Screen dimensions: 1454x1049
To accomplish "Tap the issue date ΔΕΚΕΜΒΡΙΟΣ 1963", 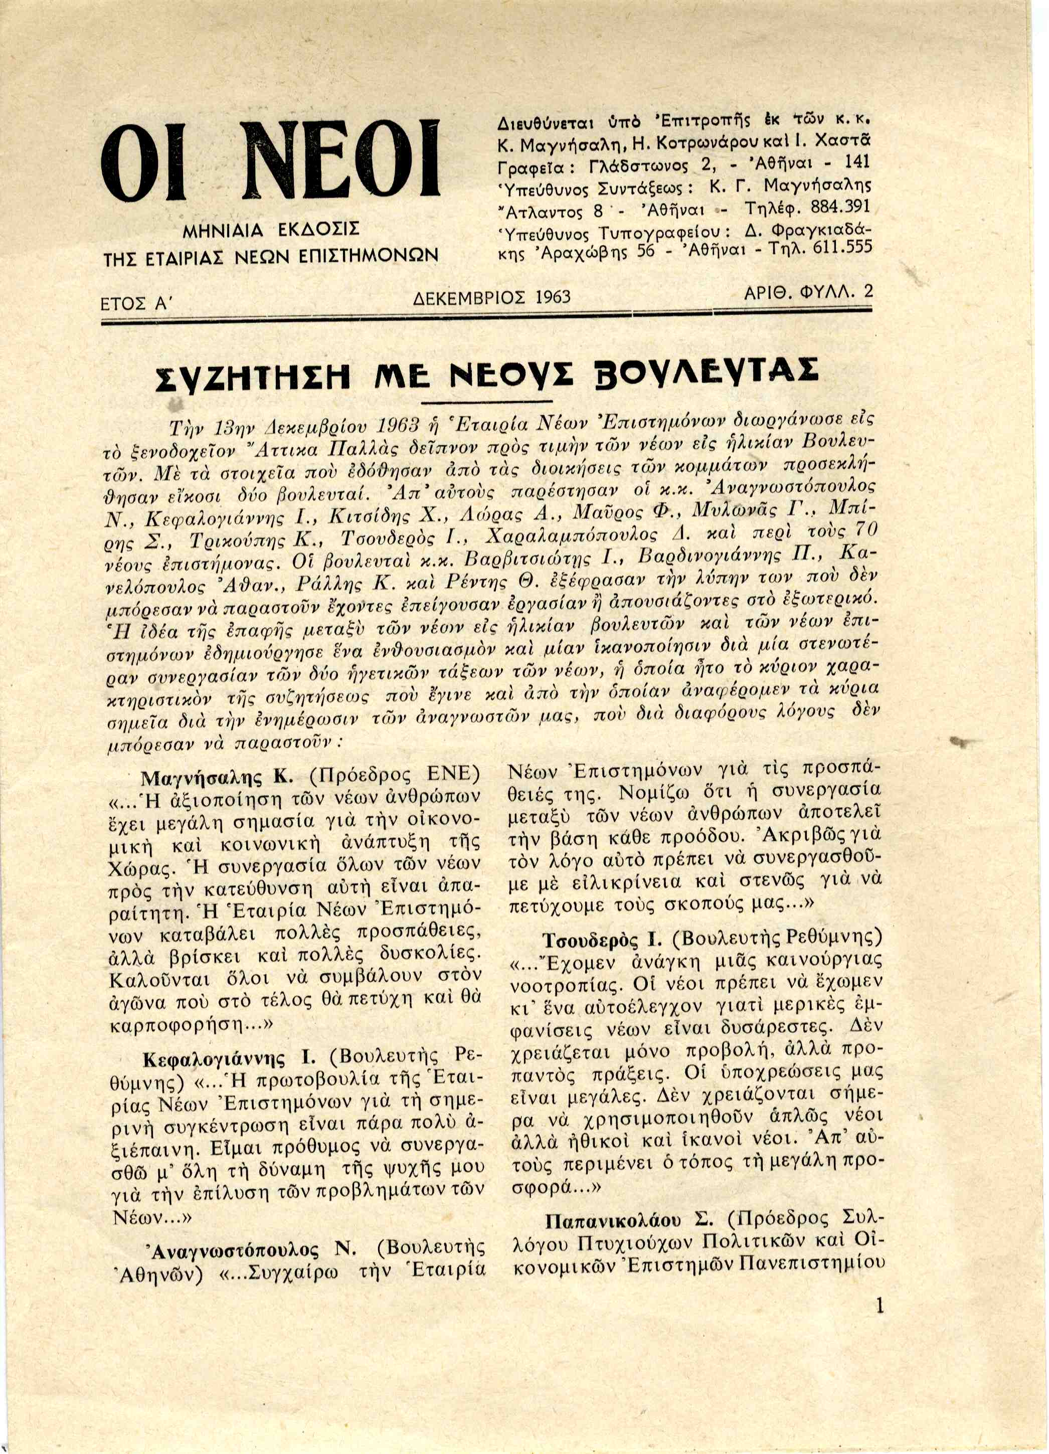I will click(492, 297).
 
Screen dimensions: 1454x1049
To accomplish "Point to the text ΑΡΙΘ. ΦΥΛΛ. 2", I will click(808, 293).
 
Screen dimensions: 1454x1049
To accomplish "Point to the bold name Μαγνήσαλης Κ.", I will click(217, 777).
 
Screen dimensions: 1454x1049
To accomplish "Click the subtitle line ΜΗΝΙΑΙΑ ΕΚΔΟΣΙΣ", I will click(271, 230).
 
